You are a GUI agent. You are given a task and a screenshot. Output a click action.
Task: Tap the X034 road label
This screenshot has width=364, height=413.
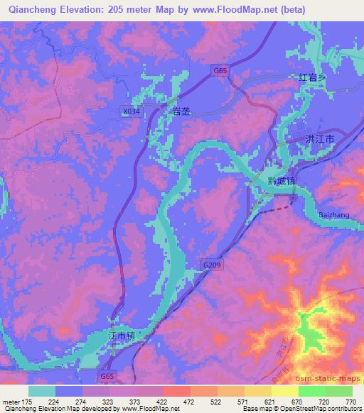click(130, 111)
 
